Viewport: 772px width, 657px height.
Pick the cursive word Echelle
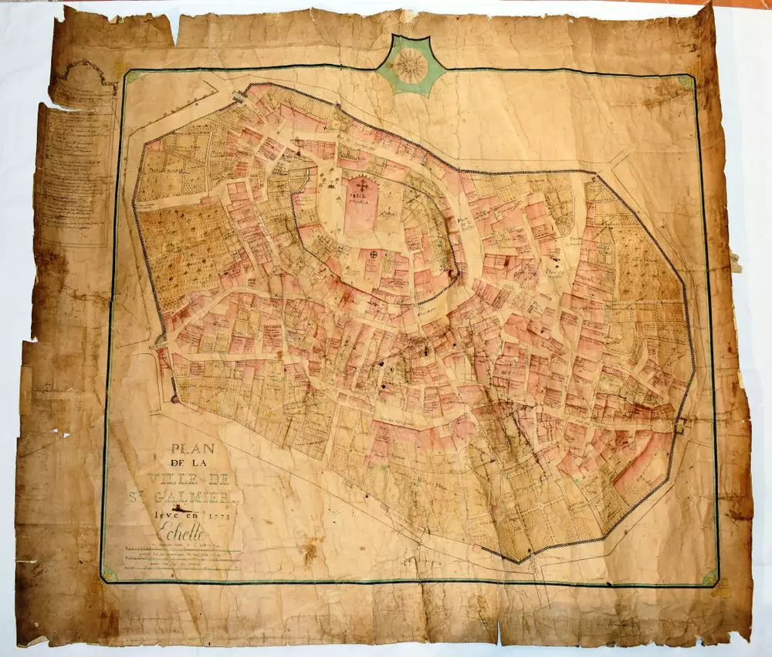point(181,531)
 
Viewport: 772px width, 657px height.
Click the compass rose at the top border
point(410,65)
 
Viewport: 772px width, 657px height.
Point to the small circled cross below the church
point(375,255)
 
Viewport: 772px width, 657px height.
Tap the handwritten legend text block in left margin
point(77,170)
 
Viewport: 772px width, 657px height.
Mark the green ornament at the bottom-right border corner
point(708,578)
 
